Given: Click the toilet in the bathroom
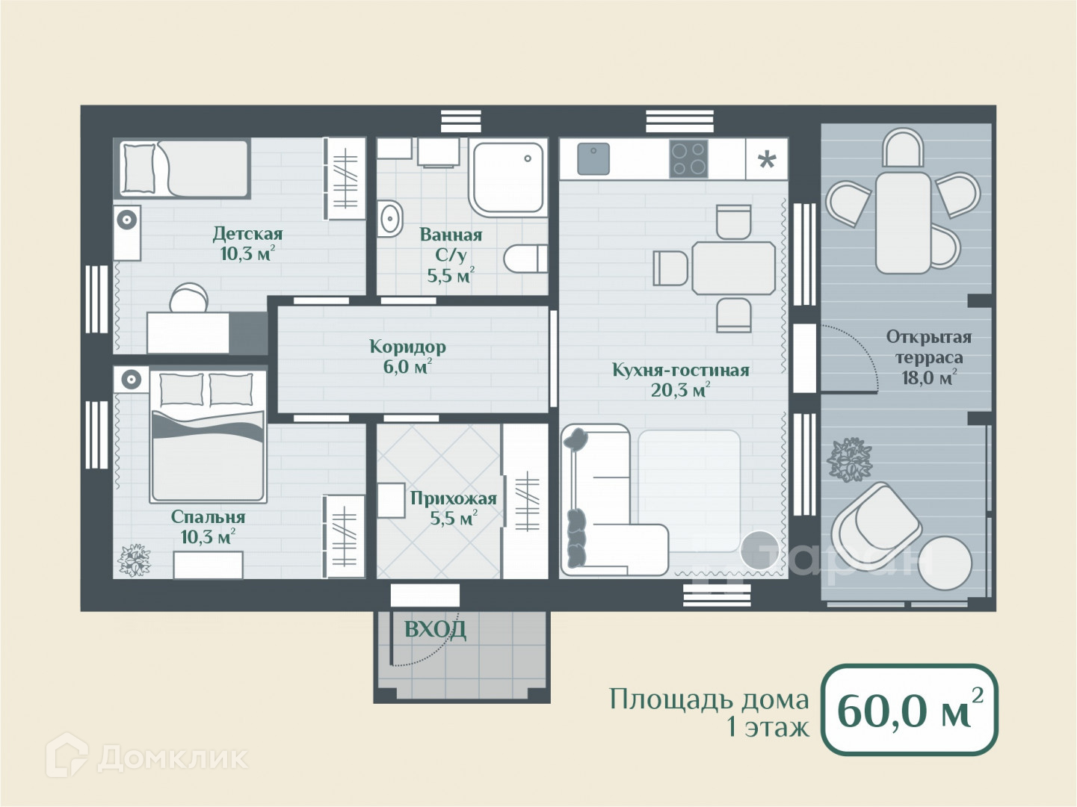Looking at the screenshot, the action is coord(525,259).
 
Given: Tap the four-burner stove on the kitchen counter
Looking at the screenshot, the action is coord(689,158).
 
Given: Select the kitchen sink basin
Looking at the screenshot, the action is coord(593,158).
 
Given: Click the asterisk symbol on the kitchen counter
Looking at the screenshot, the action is coord(766,160).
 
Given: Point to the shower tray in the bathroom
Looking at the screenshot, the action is coord(507,178).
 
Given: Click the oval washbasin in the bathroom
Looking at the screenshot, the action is coord(390,219).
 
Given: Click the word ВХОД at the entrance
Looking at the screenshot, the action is coord(435,629).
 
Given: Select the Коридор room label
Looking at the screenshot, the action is coord(408,347).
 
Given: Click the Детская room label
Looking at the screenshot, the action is coord(248,234).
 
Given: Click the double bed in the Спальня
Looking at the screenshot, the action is coord(208,436).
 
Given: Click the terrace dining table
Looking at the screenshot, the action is coord(903,222).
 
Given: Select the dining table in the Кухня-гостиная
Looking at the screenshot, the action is coord(733,268).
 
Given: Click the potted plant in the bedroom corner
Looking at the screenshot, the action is coord(134,560).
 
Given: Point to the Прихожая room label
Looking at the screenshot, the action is coord(454,498).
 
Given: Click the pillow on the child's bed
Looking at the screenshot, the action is coord(139,168).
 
